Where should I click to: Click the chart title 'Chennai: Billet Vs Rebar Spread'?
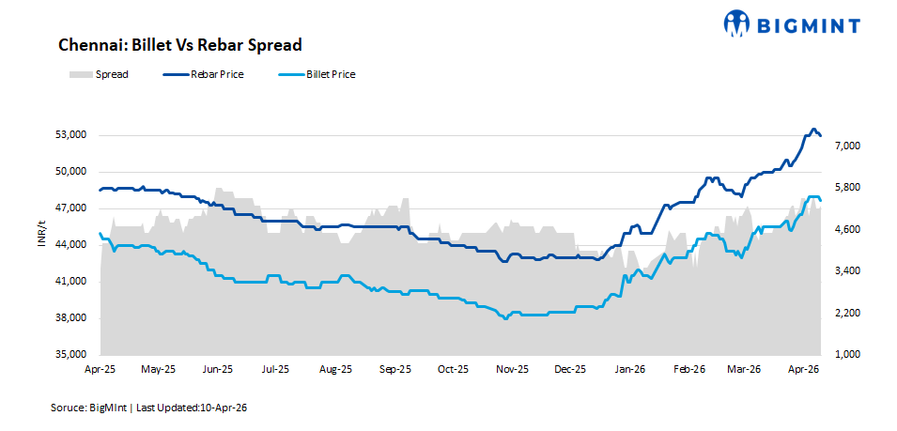click(179, 45)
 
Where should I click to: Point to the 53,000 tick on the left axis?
click(70, 135)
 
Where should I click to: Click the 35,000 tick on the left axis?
click(70, 355)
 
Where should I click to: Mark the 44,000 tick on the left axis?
click(70, 245)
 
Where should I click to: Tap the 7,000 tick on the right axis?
click(843, 146)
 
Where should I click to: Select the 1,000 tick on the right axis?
click(843, 355)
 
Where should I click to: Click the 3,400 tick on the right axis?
click(843, 271)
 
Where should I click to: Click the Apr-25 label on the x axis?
click(99, 370)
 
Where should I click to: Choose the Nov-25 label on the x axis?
click(512, 370)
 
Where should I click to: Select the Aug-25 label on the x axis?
click(335, 370)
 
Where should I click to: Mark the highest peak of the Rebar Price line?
click(813, 130)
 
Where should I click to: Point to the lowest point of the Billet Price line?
click(506, 319)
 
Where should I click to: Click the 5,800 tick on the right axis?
click(843, 188)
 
